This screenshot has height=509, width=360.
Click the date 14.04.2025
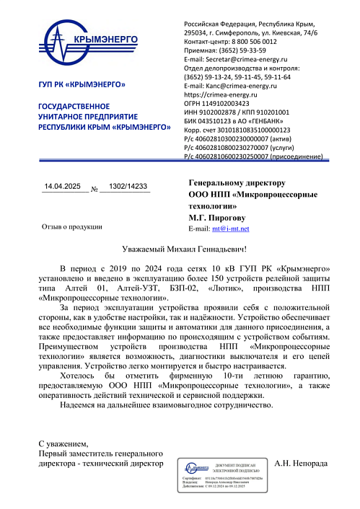click(65, 187)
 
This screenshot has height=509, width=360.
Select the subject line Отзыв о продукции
click(71, 226)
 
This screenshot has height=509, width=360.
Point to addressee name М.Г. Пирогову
click(217, 216)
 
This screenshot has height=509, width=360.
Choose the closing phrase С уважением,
click(64, 443)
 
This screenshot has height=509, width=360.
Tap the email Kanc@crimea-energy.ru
click(238, 85)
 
